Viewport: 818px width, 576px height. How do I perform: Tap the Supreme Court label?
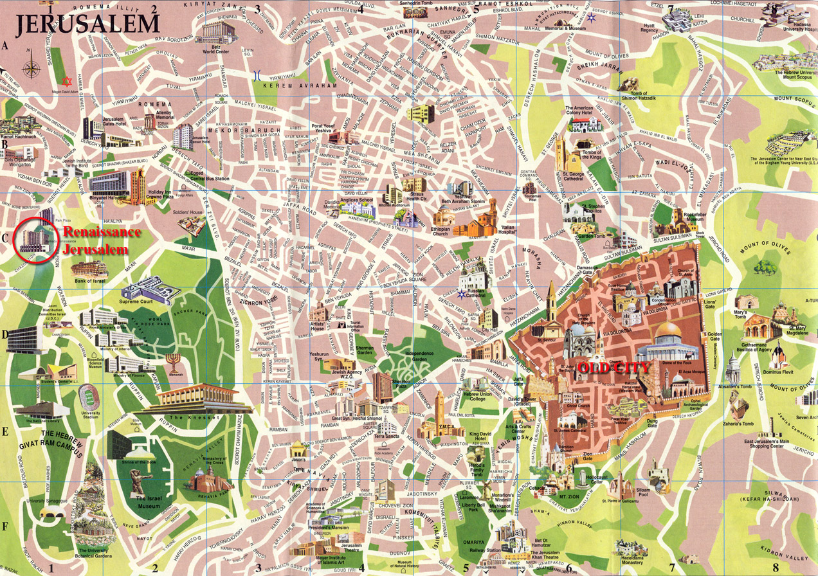coord(140,301)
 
